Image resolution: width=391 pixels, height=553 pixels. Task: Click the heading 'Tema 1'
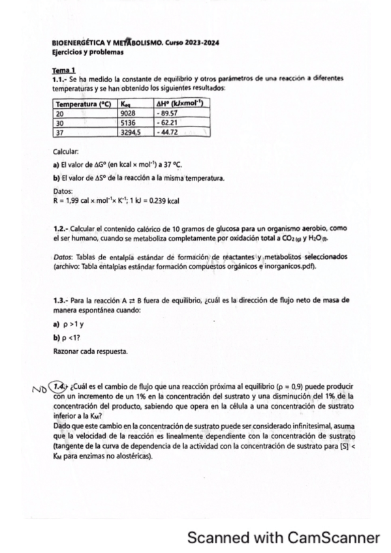[64, 70]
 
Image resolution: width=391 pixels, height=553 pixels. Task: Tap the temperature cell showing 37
[60, 131]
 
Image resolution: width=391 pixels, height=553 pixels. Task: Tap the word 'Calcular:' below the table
[67, 150]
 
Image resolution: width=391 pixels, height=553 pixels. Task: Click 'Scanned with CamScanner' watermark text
[283, 538]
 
